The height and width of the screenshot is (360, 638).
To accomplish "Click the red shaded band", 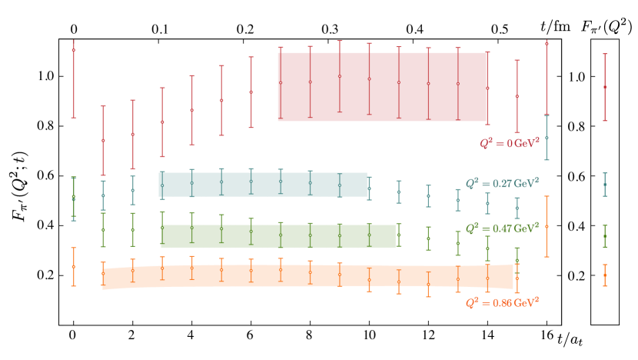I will [382, 86].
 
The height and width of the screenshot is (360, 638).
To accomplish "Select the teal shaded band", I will [262, 185].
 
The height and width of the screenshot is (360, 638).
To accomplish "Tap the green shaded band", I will [277, 236].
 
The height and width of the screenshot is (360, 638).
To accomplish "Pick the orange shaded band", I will [307, 276].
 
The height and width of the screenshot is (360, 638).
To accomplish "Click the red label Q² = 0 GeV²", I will [509, 143].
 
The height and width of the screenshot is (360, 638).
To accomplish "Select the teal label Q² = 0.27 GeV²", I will [502, 184].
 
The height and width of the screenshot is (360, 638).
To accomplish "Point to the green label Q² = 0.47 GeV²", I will [502, 228].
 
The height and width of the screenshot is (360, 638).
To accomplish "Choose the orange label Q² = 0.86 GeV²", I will [502, 303].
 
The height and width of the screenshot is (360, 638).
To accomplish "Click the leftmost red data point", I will [74, 50].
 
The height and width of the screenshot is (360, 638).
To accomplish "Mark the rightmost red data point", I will [605, 87].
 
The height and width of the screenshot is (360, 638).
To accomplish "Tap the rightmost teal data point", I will [605, 185].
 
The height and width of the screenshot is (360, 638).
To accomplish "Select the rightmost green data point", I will [605, 236].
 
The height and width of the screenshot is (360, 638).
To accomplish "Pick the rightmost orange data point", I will [605, 275].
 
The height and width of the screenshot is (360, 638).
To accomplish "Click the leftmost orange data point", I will [74, 266].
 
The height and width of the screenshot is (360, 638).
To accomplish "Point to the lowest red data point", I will [103, 141].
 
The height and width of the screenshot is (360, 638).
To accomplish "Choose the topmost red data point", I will [547, 44].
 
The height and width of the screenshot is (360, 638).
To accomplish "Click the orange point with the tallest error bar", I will [547, 226].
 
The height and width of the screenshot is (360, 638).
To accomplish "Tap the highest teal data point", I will [547, 138].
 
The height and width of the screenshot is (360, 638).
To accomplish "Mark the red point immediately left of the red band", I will [251, 92].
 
